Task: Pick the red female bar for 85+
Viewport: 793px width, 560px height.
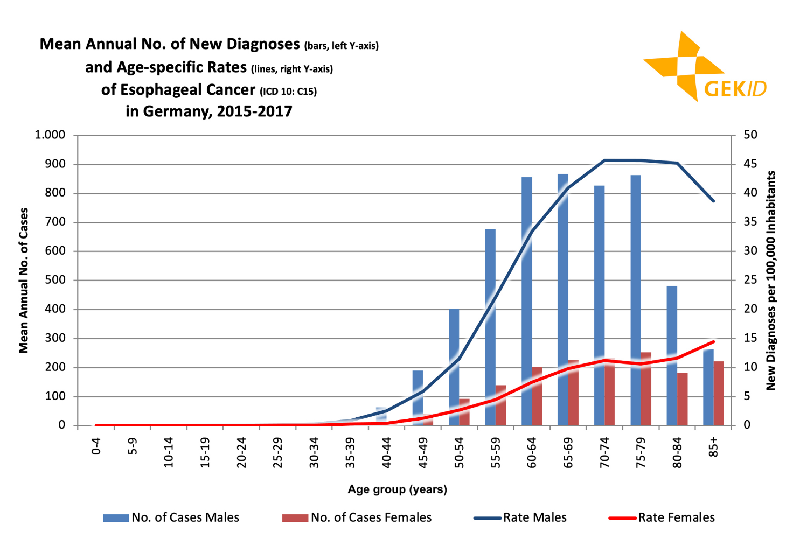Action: pyautogui.click(x=719, y=393)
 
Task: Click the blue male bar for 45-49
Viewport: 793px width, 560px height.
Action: pyautogui.click(x=418, y=398)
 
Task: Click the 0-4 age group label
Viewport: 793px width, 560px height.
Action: pyautogui.click(x=96, y=447)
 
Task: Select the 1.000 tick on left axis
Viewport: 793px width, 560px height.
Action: pyautogui.click(x=50, y=135)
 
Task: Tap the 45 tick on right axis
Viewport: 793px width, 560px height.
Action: pyautogui.click(x=750, y=164)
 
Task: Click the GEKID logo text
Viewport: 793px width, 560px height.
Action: pyautogui.click(x=735, y=89)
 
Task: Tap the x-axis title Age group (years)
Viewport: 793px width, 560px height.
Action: pyautogui.click(x=397, y=489)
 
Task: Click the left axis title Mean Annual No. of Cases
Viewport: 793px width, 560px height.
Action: pyautogui.click(x=24, y=280)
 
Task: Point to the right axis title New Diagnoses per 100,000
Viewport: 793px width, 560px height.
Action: pyautogui.click(x=771, y=280)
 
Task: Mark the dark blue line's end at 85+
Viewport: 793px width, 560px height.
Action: pyautogui.click(x=713, y=201)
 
